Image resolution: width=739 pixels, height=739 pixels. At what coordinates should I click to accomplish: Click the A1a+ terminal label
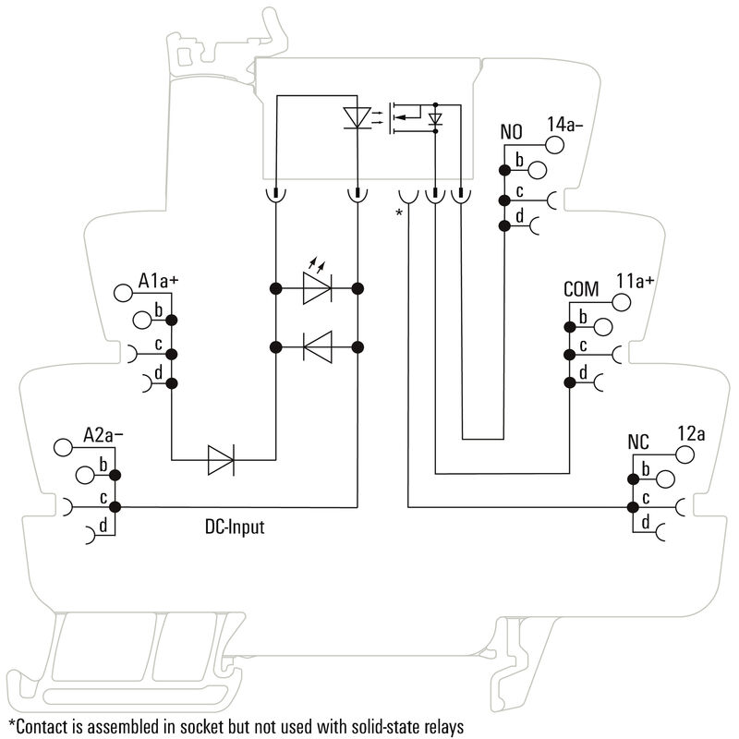[x=158, y=280]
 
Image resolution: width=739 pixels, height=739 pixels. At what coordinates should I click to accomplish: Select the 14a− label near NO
[x=564, y=124]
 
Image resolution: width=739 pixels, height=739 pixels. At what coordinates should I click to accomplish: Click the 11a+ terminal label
[x=635, y=281]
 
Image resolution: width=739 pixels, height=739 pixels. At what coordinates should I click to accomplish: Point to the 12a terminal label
[x=691, y=433]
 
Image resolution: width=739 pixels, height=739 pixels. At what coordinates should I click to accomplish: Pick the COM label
[x=582, y=289]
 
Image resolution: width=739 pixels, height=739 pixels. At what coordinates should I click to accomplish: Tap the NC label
[x=639, y=442]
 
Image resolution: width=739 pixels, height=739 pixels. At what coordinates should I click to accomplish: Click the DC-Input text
[x=234, y=528]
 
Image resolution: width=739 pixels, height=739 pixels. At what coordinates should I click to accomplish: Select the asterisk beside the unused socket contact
[x=399, y=214]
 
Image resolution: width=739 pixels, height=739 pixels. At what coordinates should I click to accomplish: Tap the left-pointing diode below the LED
[x=317, y=347]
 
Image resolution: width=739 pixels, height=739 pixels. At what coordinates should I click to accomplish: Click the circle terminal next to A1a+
[x=123, y=294]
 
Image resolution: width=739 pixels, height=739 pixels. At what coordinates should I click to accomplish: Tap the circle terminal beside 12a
[x=684, y=454]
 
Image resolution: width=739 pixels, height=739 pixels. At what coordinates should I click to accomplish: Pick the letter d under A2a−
[x=103, y=526]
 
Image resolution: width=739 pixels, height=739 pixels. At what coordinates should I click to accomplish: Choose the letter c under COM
[x=583, y=346]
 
